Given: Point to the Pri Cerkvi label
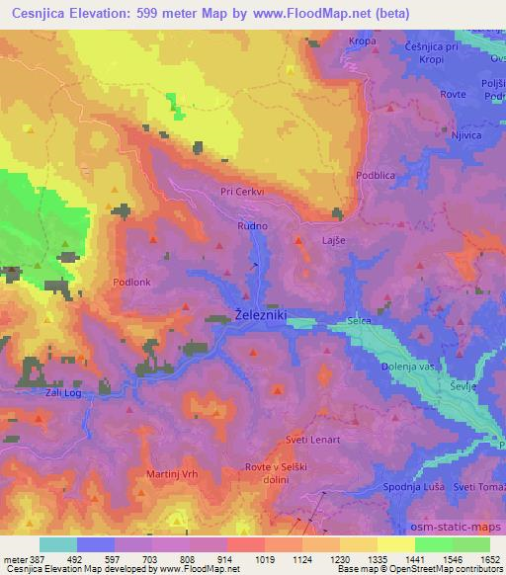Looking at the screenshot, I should pyautogui.click(x=241, y=194).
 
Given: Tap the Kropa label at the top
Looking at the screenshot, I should pyautogui.click(x=363, y=41).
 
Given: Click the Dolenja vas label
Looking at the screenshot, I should pyautogui.click(x=408, y=367).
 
